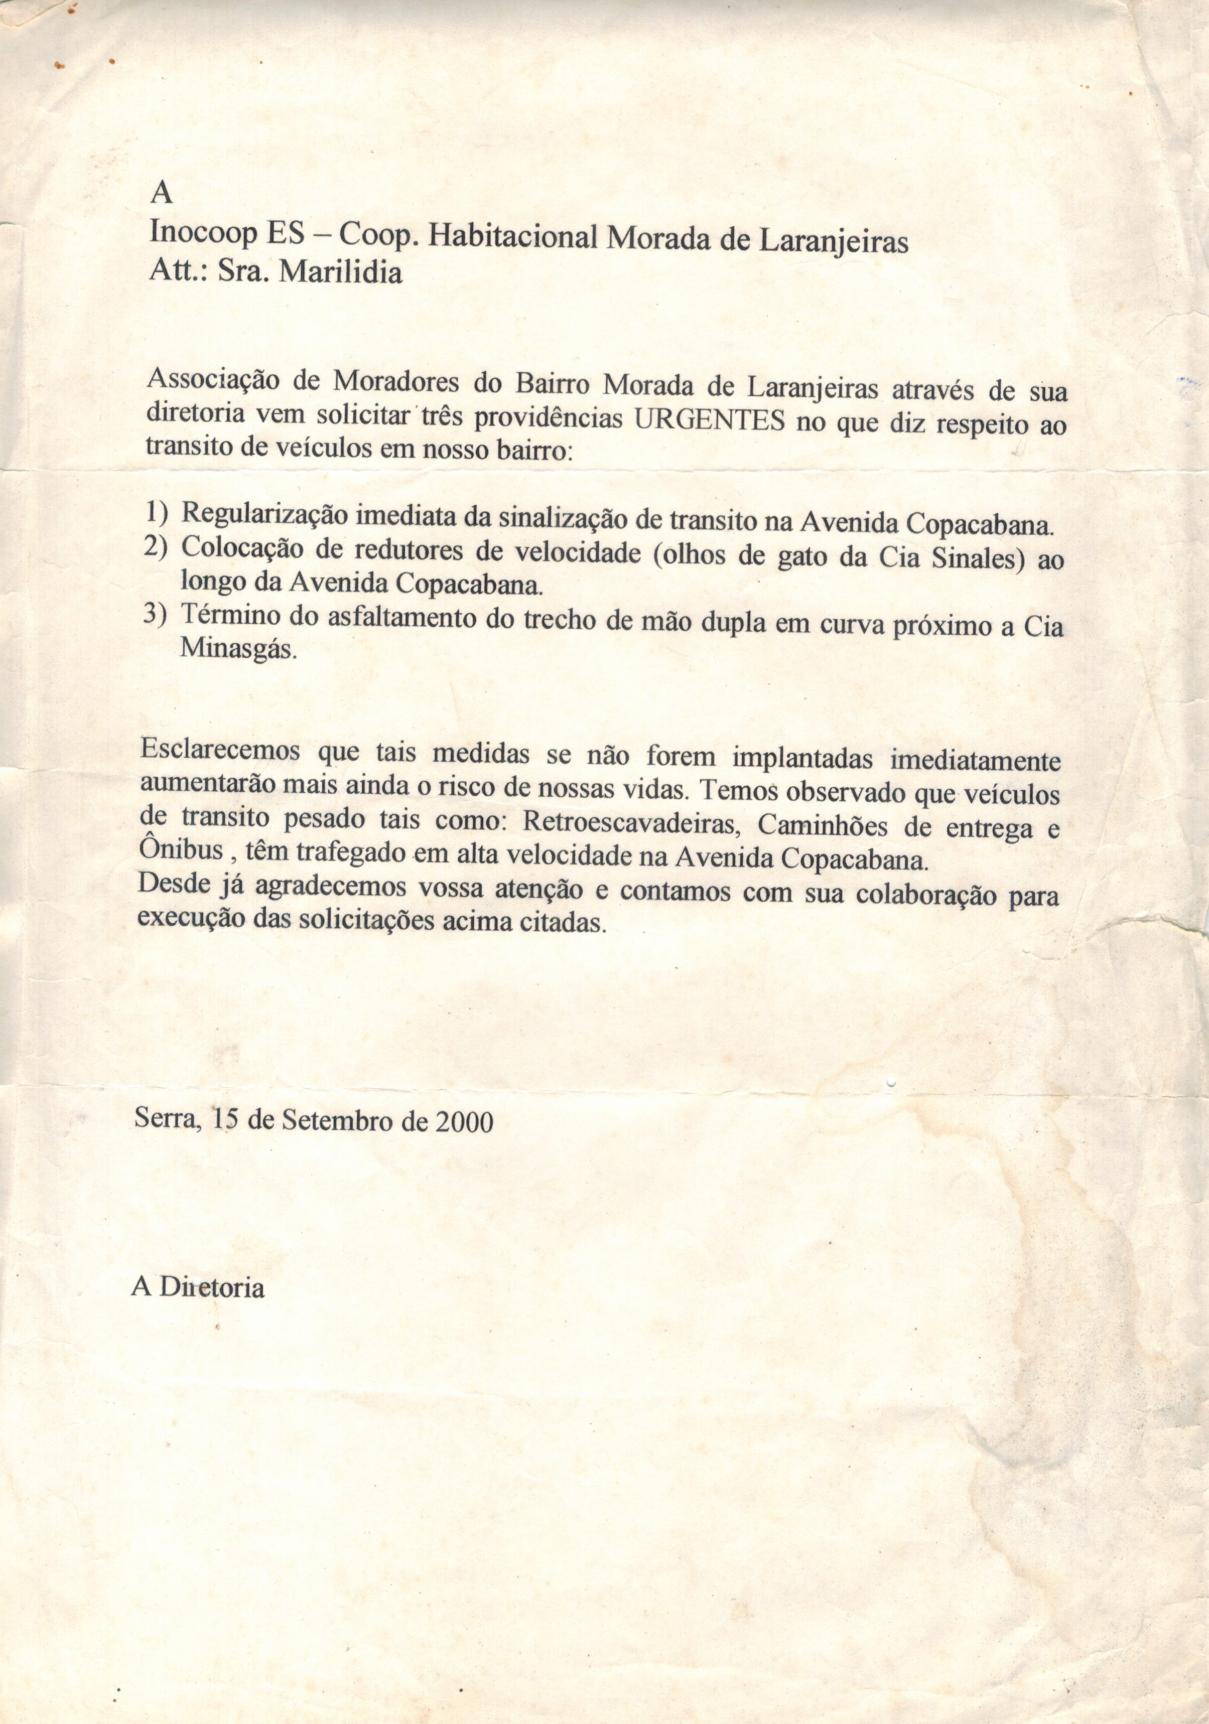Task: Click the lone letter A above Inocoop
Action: coord(162,194)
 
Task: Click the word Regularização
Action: coord(264,514)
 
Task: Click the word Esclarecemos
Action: coord(220,750)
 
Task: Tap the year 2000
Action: coord(464,1122)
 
